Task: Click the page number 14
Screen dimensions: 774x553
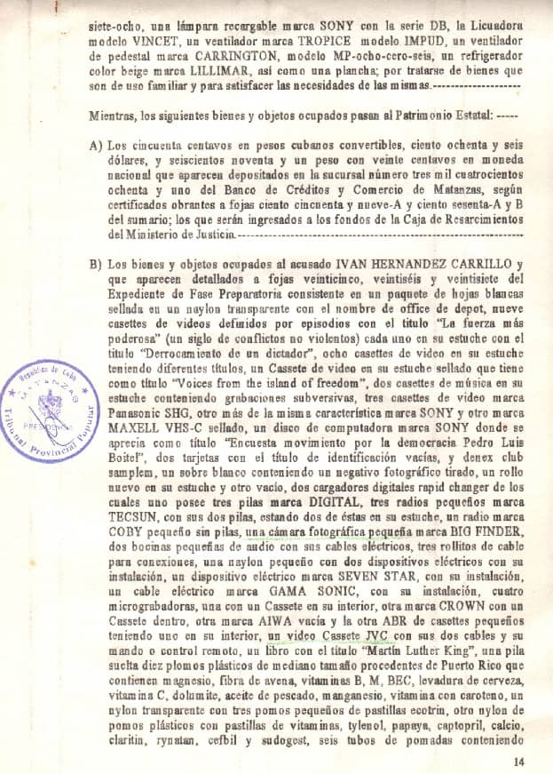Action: pyautogui.click(x=519, y=761)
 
